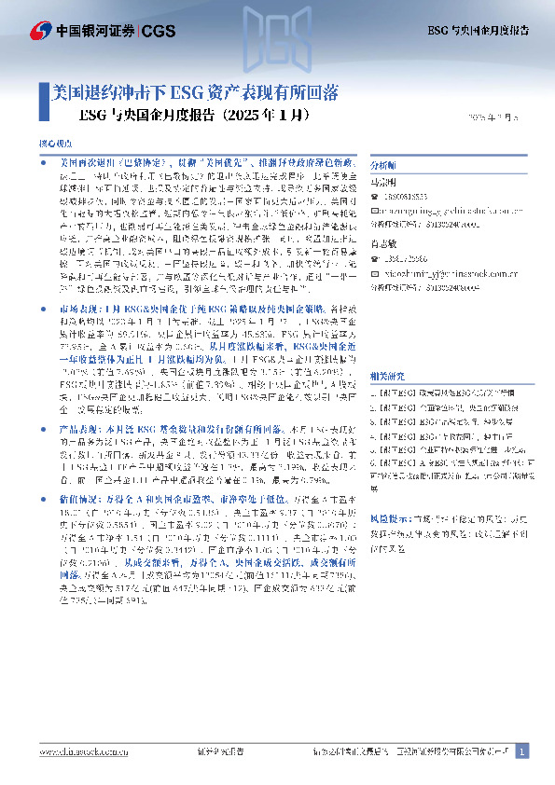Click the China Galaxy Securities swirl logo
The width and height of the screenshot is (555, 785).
pyautogui.click(x=39, y=30)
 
